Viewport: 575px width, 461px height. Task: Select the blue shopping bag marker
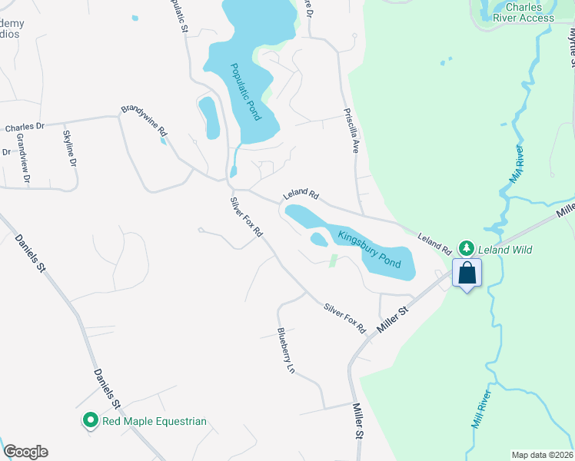(x=467, y=274)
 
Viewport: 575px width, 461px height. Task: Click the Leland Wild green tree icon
(x=466, y=248)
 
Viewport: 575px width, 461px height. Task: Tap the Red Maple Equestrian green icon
(x=90, y=420)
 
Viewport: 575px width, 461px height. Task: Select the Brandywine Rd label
(x=144, y=121)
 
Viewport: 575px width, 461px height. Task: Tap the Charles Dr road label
(x=25, y=128)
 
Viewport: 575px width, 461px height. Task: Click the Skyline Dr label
(x=68, y=148)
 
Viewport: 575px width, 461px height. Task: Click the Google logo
(x=25, y=452)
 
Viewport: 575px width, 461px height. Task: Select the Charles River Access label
(x=525, y=12)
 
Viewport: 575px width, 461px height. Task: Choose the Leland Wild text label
(x=505, y=250)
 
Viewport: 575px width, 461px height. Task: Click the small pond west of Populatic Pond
(x=208, y=118)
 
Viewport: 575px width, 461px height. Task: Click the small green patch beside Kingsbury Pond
(x=332, y=261)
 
